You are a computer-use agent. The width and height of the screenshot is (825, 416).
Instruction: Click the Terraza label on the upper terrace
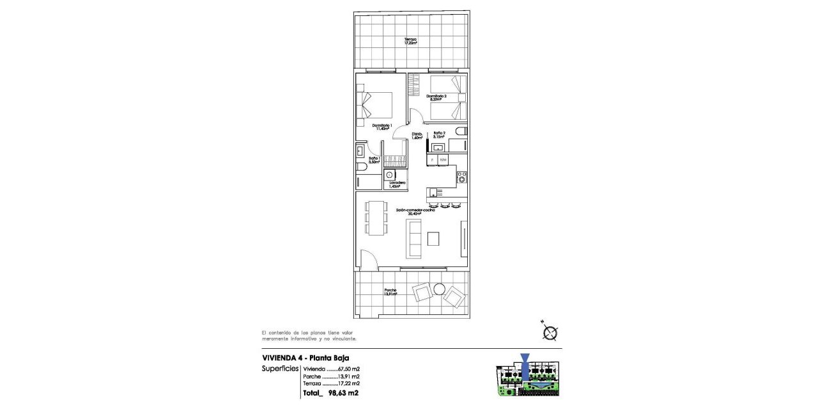pos(410,41)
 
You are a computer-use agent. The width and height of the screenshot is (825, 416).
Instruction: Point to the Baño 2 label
pos(439,135)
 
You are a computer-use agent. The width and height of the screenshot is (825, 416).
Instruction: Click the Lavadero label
pos(397,184)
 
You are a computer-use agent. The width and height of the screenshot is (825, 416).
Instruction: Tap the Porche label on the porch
pos(390,292)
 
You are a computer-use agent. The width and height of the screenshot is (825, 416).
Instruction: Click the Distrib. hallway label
pos(417,136)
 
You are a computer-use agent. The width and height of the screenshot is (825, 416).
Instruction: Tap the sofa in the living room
pos(414,239)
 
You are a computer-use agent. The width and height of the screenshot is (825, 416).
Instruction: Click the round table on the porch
pos(439,289)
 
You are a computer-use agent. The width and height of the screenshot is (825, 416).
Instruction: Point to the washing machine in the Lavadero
pos(389,174)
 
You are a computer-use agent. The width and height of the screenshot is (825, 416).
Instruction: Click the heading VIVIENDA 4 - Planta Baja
pos(305,358)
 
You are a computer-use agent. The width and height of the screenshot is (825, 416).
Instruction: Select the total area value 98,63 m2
pos(343,394)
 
